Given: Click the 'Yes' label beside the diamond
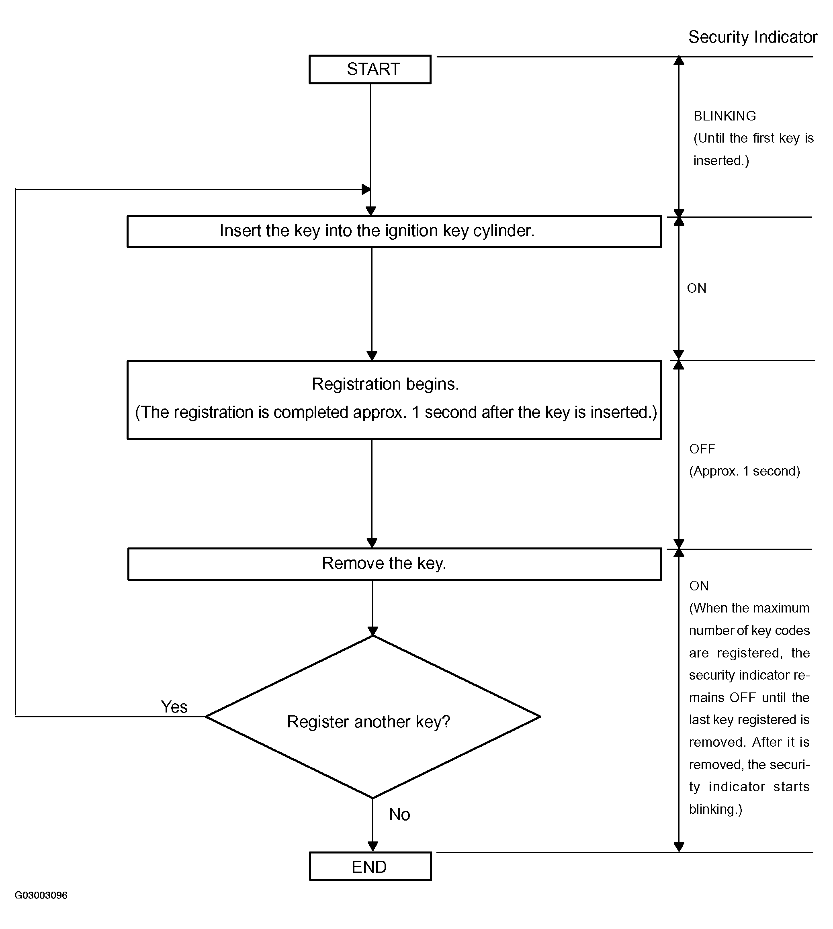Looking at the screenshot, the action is (174, 707).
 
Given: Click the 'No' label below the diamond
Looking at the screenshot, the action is (399, 815).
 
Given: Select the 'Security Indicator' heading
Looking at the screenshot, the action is (753, 37).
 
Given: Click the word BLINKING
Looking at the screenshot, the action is (725, 116).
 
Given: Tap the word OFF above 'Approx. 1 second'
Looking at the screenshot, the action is (702, 449).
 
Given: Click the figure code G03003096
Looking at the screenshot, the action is (41, 895).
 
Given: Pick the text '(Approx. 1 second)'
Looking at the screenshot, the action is (745, 471).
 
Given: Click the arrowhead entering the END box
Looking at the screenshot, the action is (373, 846).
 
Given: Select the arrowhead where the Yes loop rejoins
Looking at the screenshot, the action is (366, 189).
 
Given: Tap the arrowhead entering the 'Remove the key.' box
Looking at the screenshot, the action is (372, 543).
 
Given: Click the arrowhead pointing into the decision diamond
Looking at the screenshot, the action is (373, 631).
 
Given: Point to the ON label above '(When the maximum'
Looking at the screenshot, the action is (699, 586).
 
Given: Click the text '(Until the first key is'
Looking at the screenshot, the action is (754, 138).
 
